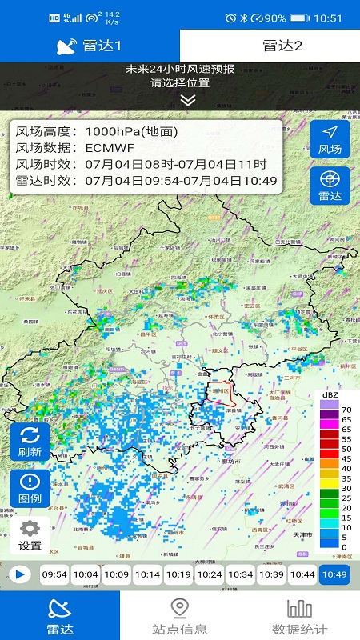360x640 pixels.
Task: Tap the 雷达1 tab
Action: click(x=90, y=46)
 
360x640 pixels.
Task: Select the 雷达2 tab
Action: click(x=270, y=46)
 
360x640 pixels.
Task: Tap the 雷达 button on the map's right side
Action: click(x=330, y=186)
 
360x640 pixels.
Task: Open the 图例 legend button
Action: click(x=30, y=489)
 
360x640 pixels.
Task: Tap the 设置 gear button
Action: click(x=30, y=535)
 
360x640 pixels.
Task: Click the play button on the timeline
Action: click(x=20, y=574)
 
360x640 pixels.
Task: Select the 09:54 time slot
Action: click(x=54, y=574)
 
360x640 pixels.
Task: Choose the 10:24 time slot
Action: click(x=210, y=574)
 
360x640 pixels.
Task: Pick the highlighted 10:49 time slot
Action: click(x=334, y=574)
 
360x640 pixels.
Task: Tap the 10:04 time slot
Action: click(x=86, y=574)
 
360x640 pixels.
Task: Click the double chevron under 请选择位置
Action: click(x=187, y=100)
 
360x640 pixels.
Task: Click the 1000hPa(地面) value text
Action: click(x=132, y=132)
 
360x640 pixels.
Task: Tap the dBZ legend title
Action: click(x=330, y=395)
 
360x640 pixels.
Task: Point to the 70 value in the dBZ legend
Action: click(x=346, y=407)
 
